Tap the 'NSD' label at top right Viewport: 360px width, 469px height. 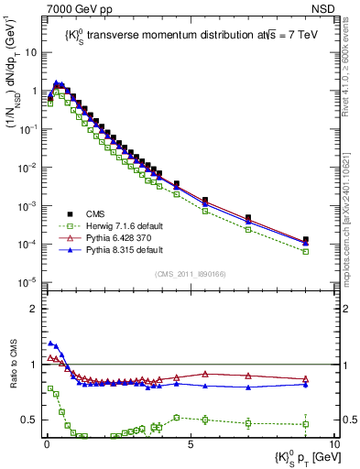click(320, 8)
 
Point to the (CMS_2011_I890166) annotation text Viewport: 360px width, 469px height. click(188, 273)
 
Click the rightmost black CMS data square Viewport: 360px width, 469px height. click(305, 240)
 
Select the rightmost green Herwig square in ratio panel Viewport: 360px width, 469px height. click(305, 424)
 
